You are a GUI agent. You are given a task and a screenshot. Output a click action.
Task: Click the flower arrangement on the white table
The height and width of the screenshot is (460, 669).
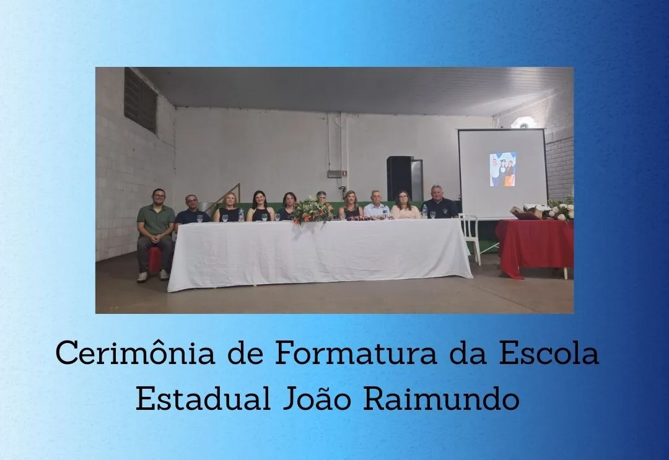coord(312,211)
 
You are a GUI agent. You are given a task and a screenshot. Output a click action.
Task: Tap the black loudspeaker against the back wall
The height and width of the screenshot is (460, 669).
coord(400,178)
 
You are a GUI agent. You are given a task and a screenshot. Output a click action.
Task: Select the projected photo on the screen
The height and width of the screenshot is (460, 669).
coord(502,169)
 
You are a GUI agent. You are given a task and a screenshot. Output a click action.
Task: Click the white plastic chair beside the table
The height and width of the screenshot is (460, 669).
coord(470,235)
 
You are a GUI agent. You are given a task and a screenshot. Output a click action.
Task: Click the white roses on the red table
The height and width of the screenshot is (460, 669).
coord(561,210)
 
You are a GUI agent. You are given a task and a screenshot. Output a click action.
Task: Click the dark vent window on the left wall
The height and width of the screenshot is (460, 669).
coord(140,100)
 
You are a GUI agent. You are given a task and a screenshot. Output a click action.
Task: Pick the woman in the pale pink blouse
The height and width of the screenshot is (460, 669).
coord(405,207)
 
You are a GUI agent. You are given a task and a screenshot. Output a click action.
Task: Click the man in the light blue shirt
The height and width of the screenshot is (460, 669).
coord(376,207)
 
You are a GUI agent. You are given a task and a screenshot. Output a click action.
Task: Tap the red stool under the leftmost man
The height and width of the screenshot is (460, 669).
coord(155,259)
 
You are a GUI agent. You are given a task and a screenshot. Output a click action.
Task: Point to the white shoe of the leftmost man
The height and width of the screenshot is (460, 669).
coord(142,277)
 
